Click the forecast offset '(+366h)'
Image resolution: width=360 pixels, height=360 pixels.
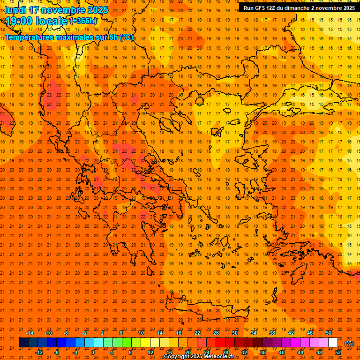click(83, 21)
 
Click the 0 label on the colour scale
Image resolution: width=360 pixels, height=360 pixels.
click(93, 352)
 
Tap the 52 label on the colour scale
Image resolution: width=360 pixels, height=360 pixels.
click(338, 352)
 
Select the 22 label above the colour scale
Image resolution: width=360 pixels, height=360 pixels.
click(197, 333)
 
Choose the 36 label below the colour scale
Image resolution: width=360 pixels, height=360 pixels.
click(263, 352)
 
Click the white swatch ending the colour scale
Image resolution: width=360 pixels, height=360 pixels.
click(333, 343)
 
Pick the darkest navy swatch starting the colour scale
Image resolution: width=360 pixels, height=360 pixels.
click(23, 343)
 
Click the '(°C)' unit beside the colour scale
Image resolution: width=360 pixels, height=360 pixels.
click(349, 343)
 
